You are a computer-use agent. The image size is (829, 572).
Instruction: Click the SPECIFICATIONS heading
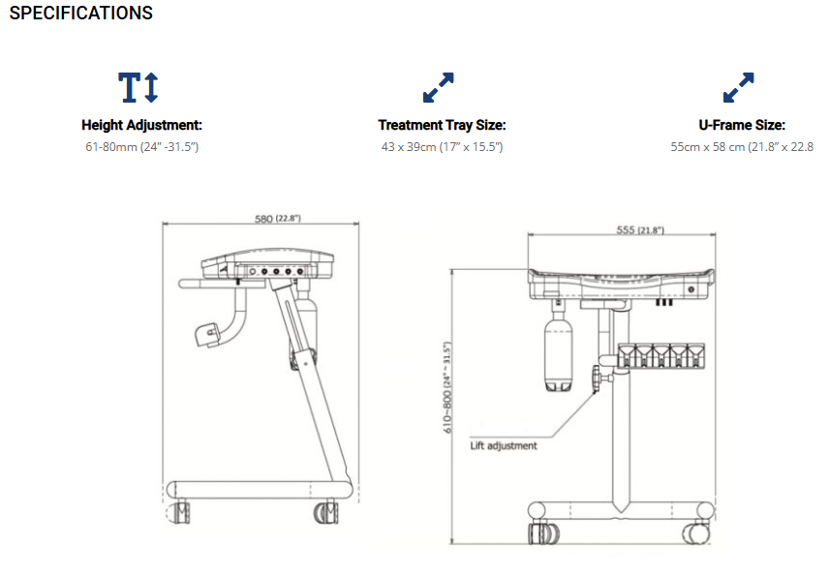[x=81, y=13]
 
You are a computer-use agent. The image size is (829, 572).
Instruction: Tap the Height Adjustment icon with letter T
[x=138, y=87]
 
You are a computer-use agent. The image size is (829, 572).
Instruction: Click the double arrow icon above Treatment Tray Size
[x=439, y=87]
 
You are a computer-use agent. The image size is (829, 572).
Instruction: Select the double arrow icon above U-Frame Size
[x=739, y=87]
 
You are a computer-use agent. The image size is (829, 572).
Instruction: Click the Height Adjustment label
[x=141, y=125]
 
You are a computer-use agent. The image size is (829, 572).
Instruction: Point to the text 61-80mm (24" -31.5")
[x=141, y=147]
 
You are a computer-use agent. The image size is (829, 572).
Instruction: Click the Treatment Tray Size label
[x=442, y=125]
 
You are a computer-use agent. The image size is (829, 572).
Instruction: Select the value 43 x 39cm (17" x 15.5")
[x=442, y=147]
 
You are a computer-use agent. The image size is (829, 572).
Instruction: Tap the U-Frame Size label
[x=742, y=125]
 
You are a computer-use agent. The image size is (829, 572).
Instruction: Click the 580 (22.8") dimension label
[x=278, y=218]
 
